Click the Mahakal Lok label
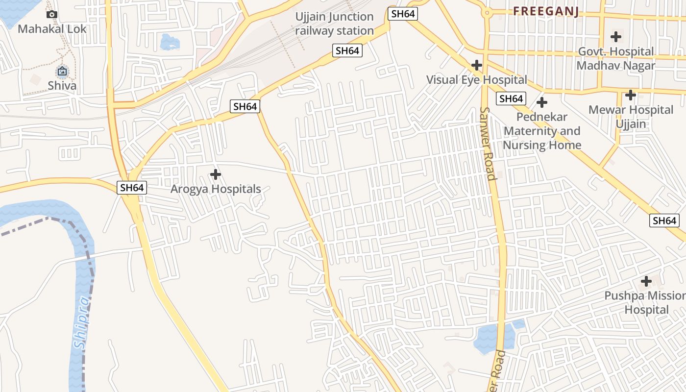click(52, 29)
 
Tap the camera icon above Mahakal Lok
click(52, 15)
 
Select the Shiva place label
click(62, 86)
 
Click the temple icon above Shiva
click(62, 72)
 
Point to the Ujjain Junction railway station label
click(335, 24)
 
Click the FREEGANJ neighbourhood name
click(546, 12)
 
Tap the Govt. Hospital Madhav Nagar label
click(616, 58)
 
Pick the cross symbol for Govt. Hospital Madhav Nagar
click(616, 37)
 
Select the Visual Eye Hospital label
click(477, 80)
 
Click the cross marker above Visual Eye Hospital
click(477, 65)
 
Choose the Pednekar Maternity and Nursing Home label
click(542, 131)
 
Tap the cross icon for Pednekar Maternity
click(542, 102)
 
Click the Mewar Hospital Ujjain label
click(631, 117)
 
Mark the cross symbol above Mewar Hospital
click(631, 95)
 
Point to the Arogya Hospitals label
click(216, 189)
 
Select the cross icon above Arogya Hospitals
click(216, 174)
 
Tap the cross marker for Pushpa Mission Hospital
click(646, 281)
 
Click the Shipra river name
click(82, 322)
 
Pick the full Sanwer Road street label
click(489, 144)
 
